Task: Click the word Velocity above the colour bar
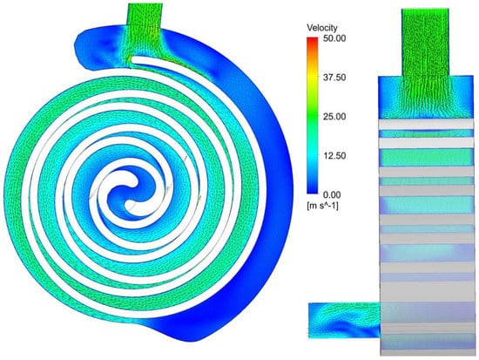click(x=322, y=28)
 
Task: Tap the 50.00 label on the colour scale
click(x=334, y=38)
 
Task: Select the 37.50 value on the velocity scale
click(x=334, y=78)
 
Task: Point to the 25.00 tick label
click(x=334, y=117)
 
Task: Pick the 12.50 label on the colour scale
click(x=334, y=156)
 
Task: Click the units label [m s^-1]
click(x=322, y=206)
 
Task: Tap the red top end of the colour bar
click(x=312, y=39)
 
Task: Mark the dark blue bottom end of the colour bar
click(x=312, y=190)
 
